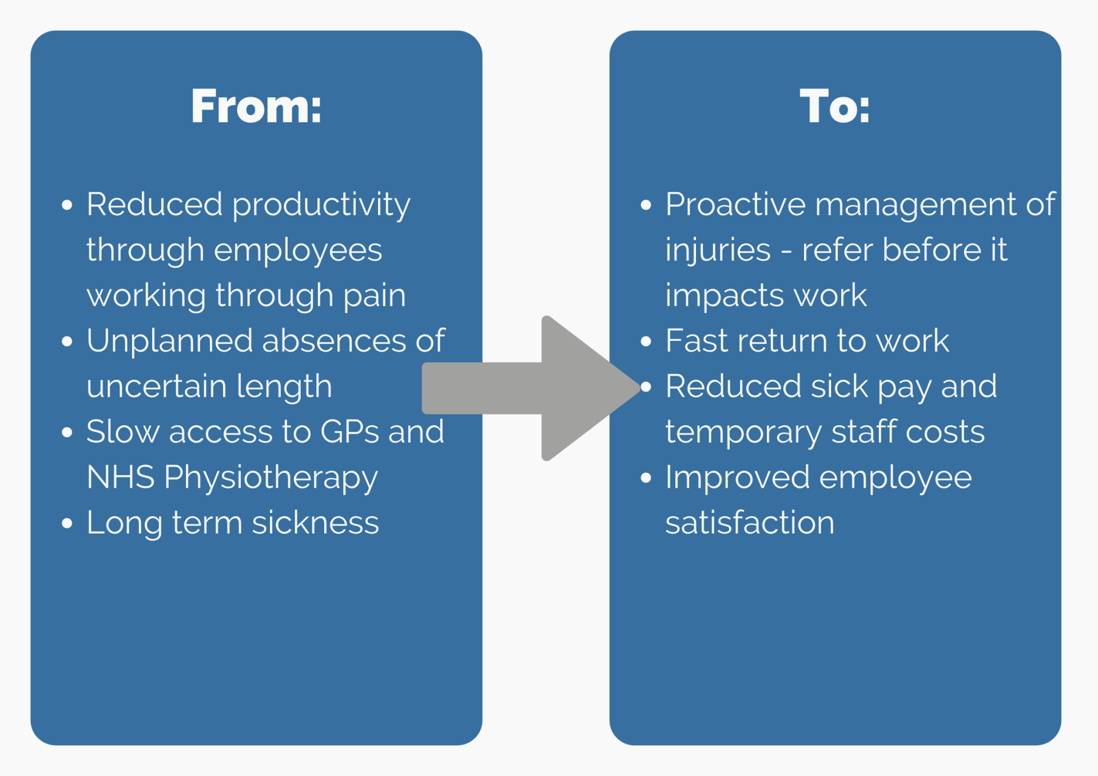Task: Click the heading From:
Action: [x=256, y=106]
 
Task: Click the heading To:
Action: [x=835, y=106]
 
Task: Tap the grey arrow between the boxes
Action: [x=531, y=388]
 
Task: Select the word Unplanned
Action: [x=170, y=342]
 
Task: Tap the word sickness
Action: [x=316, y=523]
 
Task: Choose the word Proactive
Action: [x=735, y=204]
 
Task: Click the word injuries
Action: [x=718, y=251]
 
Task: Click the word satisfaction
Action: [x=750, y=523]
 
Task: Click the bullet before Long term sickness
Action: [x=67, y=523]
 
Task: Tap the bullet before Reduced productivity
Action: [x=67, y=205]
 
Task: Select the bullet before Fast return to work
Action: [x=646, y=341]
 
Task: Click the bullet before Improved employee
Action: [x=646, y=478]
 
